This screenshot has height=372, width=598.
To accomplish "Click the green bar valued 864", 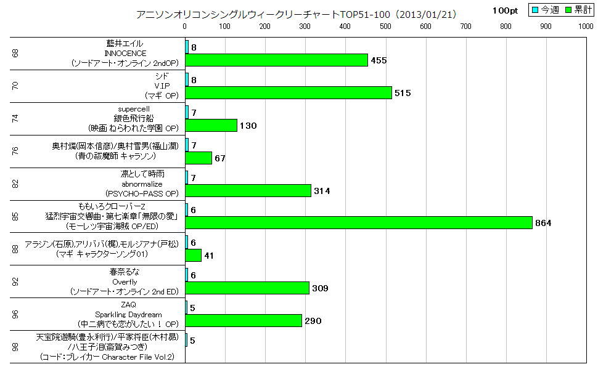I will [359, 223].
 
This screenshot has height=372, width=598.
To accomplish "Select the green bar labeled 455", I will [276, 60].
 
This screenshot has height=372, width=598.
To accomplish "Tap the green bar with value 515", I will [289, 93].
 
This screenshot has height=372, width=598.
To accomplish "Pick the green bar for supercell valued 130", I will [211, 126].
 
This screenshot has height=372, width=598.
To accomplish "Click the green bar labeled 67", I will [199, 158].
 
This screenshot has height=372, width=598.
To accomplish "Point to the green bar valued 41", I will [194, 255].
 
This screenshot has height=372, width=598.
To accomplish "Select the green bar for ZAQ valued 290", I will [244, 321].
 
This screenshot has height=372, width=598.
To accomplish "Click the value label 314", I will [321, 191].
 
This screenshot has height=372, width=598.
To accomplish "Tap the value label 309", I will [319, 288].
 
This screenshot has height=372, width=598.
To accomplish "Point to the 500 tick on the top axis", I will [385, 26].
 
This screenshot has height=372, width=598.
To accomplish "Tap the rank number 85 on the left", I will [15, 216].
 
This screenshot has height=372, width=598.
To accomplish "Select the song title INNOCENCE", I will [125, 53].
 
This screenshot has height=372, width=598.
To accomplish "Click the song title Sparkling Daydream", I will [125, 314].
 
